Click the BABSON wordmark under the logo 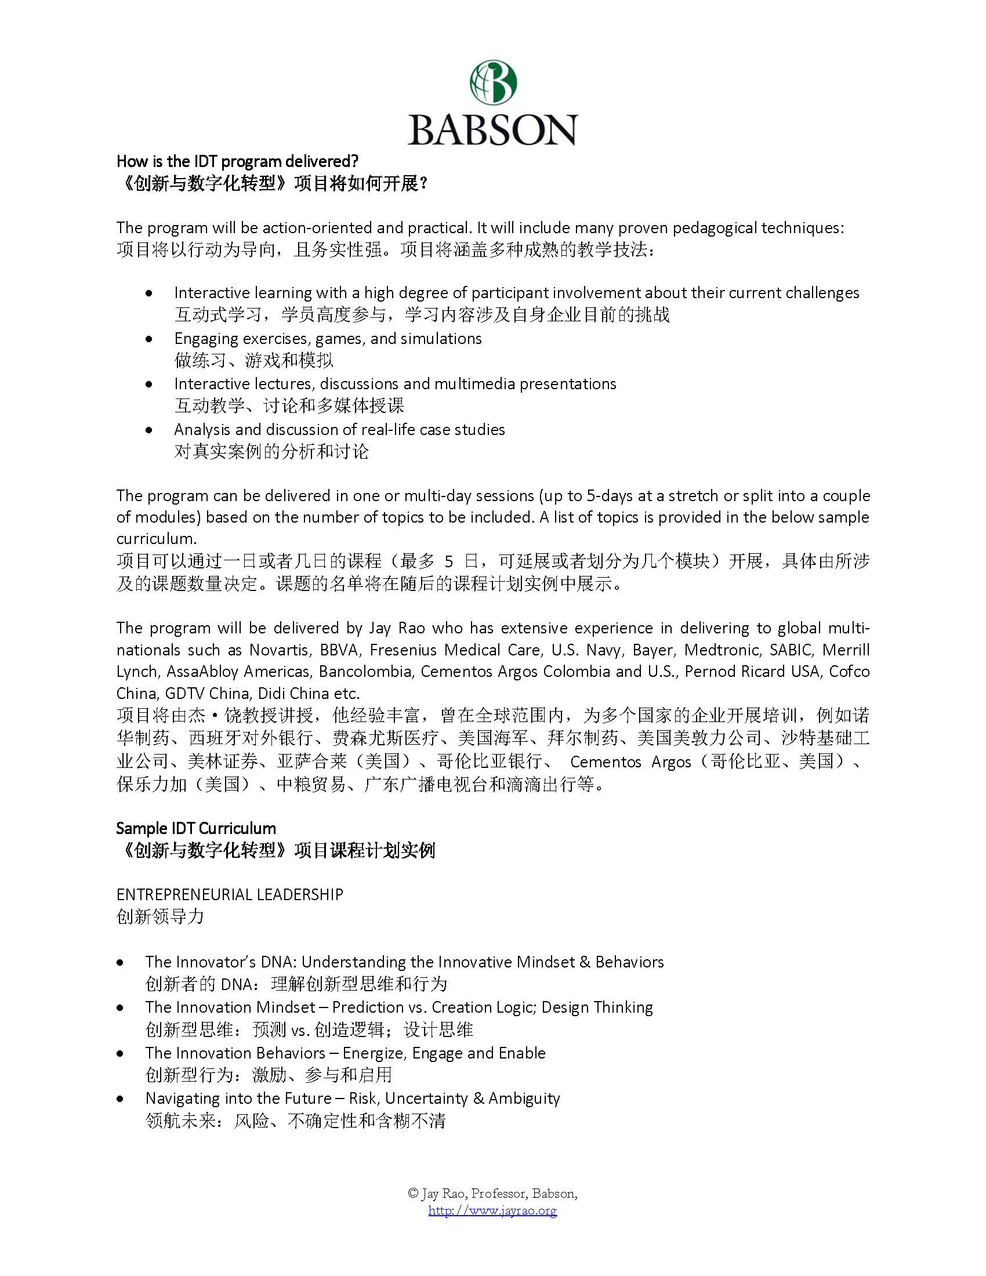coord(492,130)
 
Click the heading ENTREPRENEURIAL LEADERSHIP coord(230,894)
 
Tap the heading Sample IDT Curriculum coord(195,828)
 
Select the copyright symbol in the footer coord(413,1194)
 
